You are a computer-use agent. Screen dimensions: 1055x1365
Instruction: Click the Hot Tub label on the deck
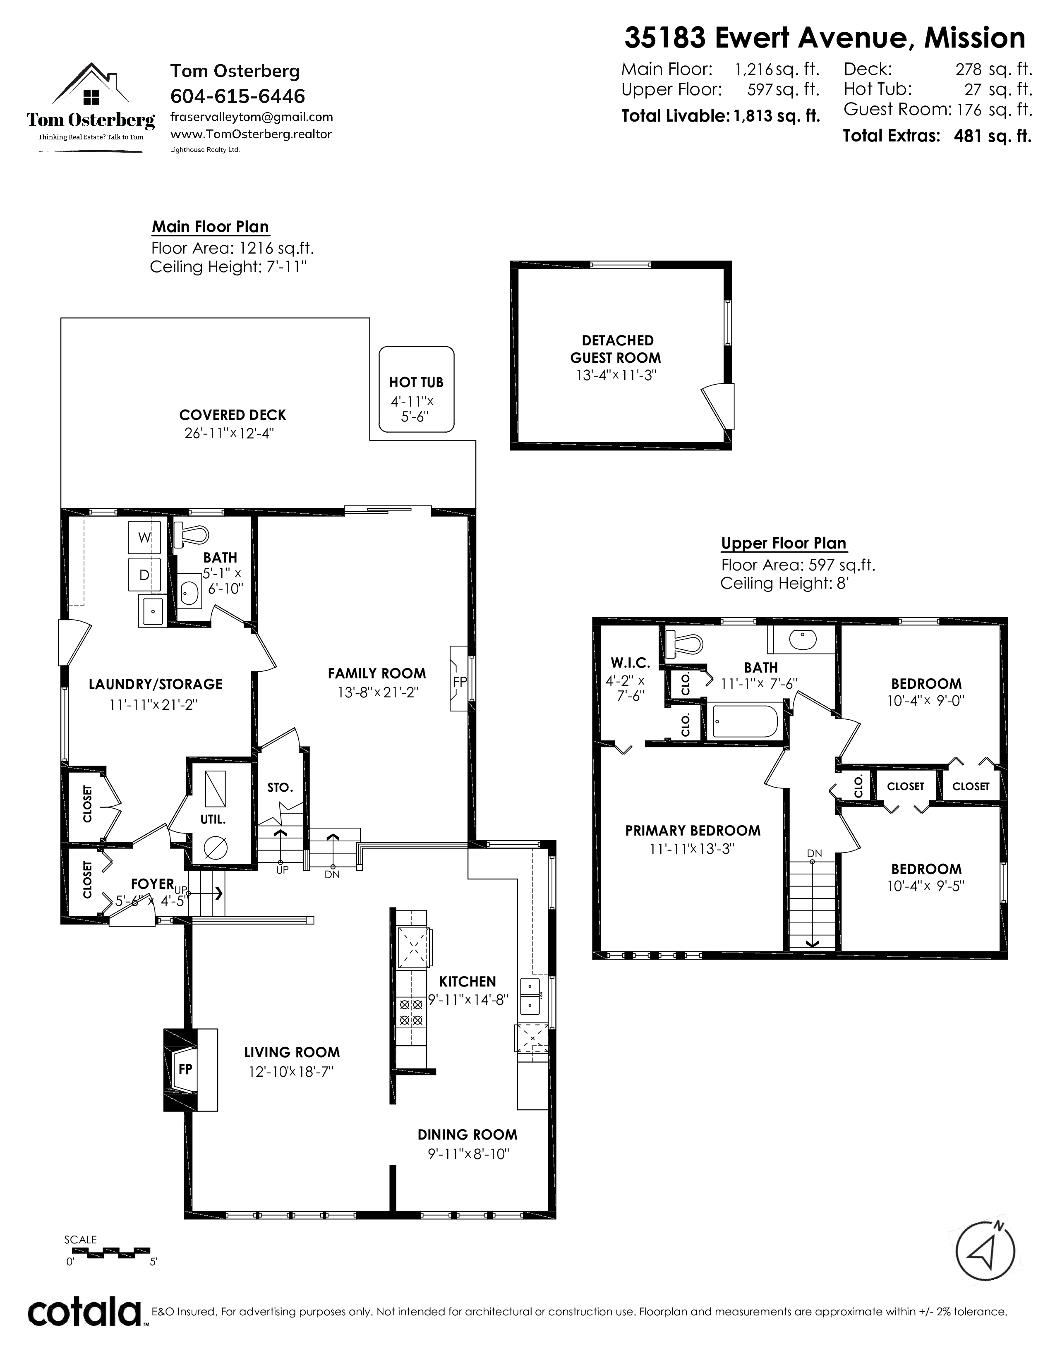coord(416,382)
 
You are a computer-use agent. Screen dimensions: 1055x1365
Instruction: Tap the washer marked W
coord(144,537)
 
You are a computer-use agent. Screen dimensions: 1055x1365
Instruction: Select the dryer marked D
coord(144,575)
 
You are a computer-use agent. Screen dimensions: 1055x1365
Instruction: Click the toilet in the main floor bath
coord(191,534)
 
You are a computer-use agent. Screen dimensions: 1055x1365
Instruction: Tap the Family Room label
coord(377,673)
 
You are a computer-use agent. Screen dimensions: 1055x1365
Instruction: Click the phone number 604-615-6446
coord(238,96)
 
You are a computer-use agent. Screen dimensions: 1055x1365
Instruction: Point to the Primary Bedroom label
coord(693,831)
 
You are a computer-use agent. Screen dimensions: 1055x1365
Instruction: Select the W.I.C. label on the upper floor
coord(631,663)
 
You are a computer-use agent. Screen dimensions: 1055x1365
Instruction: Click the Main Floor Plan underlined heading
coord(211,227)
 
